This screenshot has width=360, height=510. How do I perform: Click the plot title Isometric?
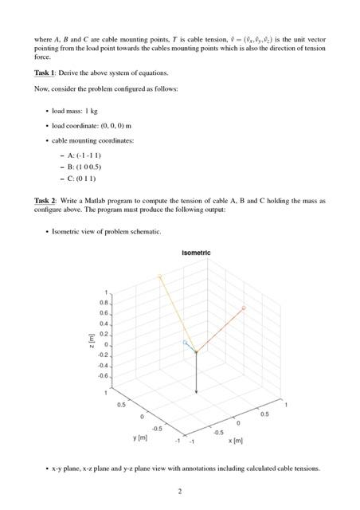tap(197, 253)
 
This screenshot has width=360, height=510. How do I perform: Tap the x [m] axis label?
tap(237, 440)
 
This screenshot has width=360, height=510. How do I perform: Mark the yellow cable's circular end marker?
tap(159, 276)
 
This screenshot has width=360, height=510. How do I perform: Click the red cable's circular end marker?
tap(244, 307)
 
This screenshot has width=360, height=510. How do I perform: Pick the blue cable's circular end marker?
tap(185, 342)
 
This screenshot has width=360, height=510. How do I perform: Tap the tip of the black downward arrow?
tap(197, 392)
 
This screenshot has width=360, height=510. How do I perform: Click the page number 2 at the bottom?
tap(180, 491)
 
